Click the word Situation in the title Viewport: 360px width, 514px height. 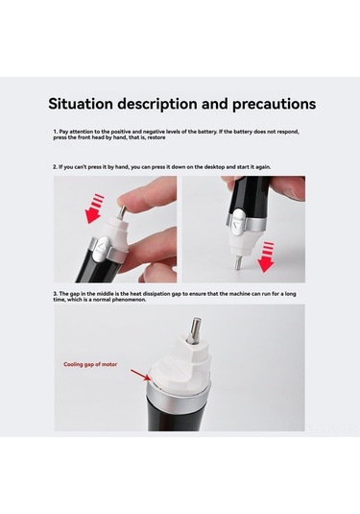(x=84, y=103)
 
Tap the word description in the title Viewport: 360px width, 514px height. (x=169, y=103)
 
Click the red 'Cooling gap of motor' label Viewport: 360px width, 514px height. (x=93, y=365)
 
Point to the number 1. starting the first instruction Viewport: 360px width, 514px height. (x=55, y=130)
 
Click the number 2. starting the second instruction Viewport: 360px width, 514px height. (x=55, y=166)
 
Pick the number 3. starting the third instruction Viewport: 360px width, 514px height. (x=55, y=291)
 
